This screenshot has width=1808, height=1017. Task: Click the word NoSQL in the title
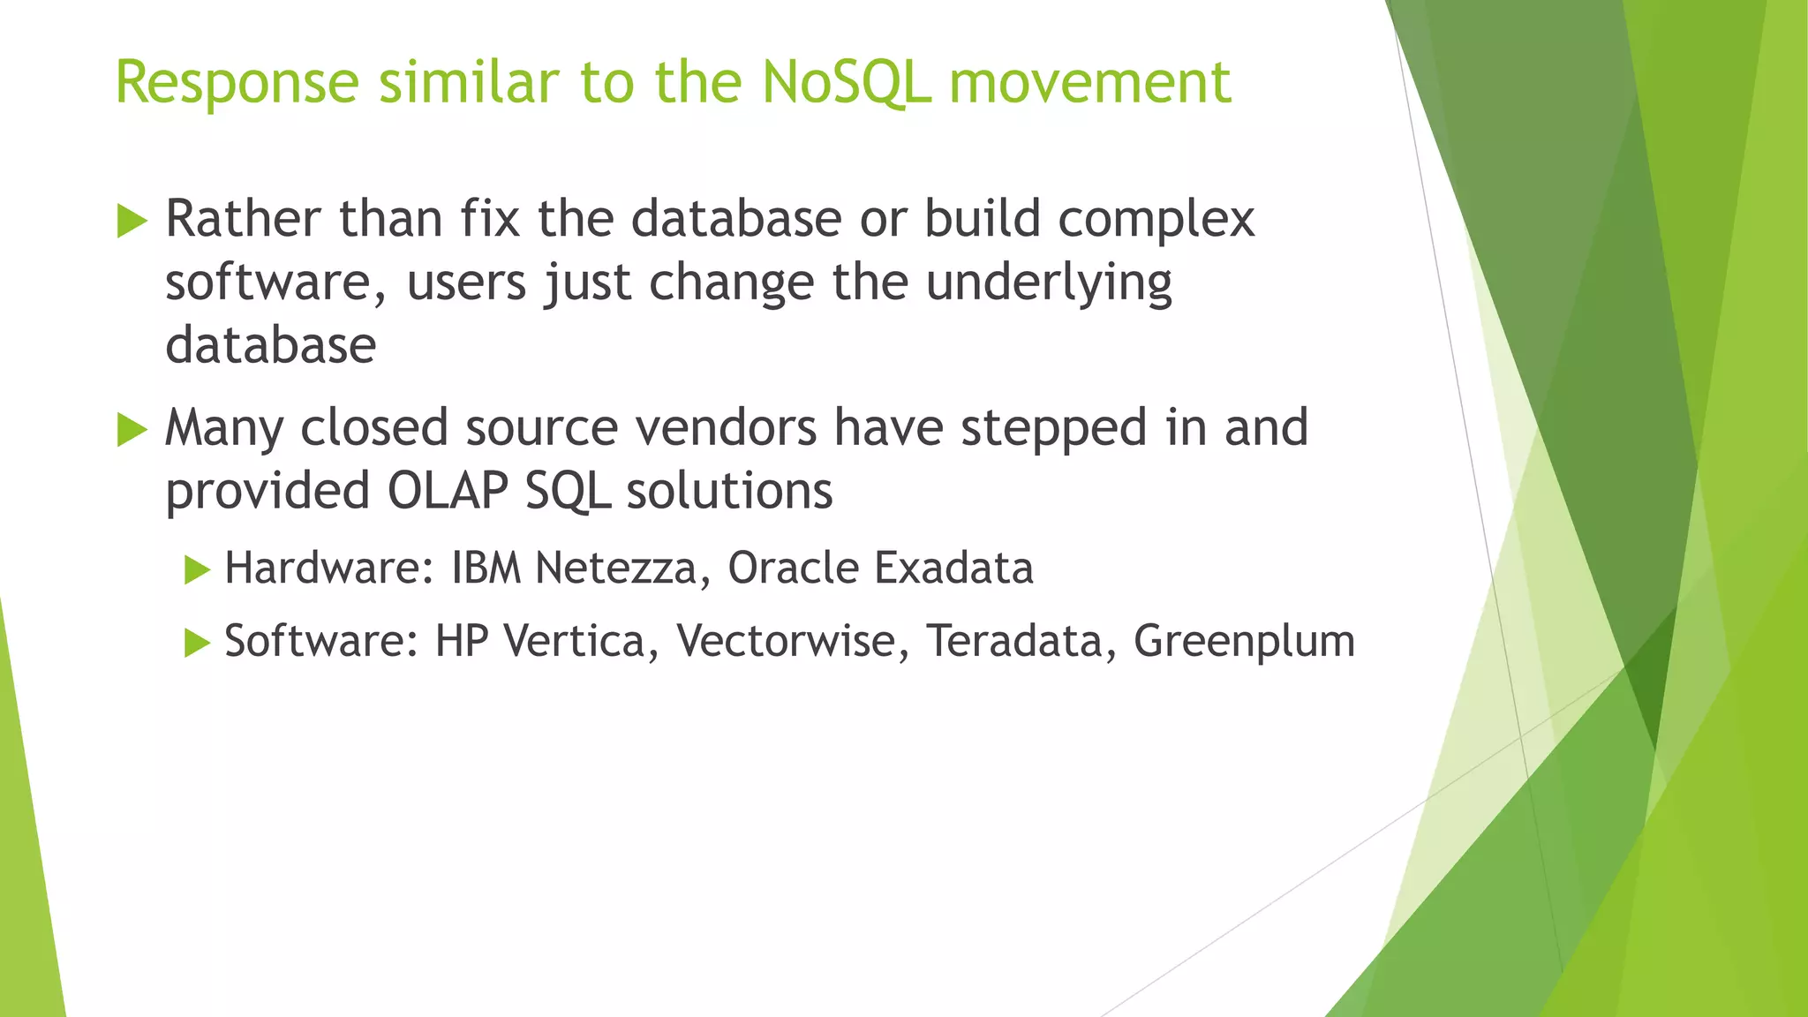click(845, 83)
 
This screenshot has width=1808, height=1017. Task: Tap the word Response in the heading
click(237, 83)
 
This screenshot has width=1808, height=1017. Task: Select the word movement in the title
click(1089, 83)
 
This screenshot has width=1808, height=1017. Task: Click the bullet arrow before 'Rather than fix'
click(132, 220)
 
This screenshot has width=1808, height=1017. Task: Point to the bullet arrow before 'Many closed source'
click(132, 430)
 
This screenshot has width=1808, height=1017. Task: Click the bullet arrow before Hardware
click(197, 569)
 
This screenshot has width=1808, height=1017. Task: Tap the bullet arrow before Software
click(197, 643)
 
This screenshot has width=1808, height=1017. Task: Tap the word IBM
click(486, 568)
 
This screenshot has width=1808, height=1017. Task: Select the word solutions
click(729, 491)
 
